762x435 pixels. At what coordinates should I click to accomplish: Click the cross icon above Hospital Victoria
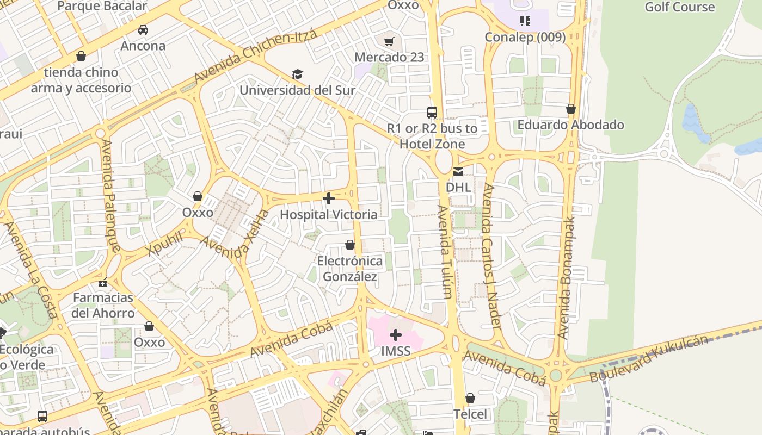click(x=329, y=198)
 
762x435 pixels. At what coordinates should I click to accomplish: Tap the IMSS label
click(x=396, y=351)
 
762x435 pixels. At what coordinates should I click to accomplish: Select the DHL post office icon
click(x=458, y=172)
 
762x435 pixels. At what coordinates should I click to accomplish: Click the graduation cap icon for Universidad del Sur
click(x=297, y=74)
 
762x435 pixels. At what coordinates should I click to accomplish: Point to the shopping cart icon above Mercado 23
click(x=389, y=42)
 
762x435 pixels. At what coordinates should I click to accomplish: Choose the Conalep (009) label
click(x=525, y=37)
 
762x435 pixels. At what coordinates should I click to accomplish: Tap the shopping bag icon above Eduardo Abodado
click(x=571, y=109)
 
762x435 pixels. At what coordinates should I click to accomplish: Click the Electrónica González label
click(x=350, y=269)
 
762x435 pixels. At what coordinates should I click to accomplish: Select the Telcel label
click(x=470, y=414)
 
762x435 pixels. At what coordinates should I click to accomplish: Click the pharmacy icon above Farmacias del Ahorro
click(x=103, y=282)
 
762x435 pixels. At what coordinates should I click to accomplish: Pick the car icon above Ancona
click(x=143, y=30)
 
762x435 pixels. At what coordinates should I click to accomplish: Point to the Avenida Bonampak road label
click(x=566, y=277)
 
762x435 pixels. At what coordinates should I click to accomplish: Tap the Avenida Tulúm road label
click(x=444, y=251)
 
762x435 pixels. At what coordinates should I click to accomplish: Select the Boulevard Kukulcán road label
click(x=649, y=359)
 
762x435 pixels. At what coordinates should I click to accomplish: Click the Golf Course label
click(x=679, y=7)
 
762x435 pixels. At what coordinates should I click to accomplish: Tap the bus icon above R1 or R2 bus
click(x=432, y=113)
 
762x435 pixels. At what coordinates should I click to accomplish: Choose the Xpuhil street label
click(x=164, y=243)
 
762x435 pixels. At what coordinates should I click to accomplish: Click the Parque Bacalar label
click(x=102, y=7)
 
